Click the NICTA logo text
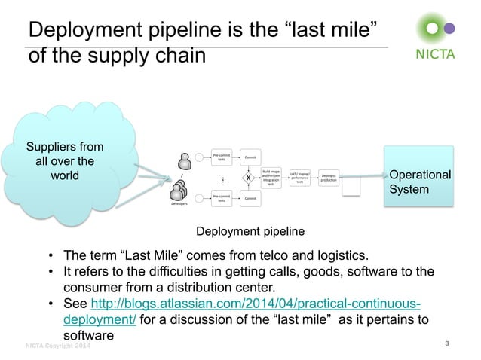click(437, 53)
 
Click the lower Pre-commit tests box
click(222, 198)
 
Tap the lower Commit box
click(250, 198)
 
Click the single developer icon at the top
click(184, 160)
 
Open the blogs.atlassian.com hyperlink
click(255, 304)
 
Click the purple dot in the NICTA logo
click(451, 29)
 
